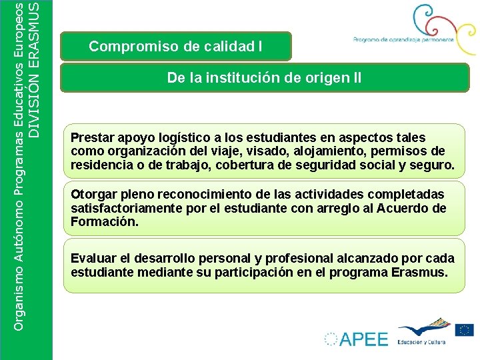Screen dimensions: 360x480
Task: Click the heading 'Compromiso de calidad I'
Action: (x=175, y=47)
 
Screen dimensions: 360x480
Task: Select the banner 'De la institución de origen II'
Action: (x=264, y=78)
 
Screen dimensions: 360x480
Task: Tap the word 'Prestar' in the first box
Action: (x=92, y=138)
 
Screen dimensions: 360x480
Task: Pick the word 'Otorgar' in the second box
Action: (x=93, y=195)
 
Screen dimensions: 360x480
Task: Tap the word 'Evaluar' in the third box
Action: (x=93, y=258)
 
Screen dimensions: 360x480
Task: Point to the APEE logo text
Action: (x=363, y=339)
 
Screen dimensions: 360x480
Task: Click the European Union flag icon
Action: (x=464, y=330)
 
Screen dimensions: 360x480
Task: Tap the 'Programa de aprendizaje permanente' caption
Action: (x=403, y=39)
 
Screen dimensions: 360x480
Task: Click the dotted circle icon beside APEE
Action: (x=331, y=339)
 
